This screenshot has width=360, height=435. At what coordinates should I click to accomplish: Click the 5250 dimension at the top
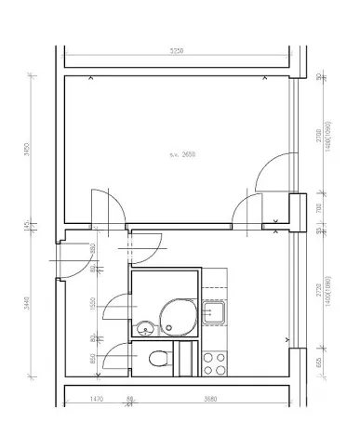[x=177, y=50]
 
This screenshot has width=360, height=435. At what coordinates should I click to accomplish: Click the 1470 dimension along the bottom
[x=96, y=400]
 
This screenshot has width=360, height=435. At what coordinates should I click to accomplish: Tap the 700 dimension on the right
[x=318, y=209]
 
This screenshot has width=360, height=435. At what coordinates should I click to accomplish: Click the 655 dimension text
[x=318, y=362]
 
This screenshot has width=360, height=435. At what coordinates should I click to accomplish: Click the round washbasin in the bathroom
[x=145, y=327]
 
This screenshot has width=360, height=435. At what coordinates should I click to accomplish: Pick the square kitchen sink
[x=215, y=313]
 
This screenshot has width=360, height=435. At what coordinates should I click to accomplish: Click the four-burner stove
[x=216, y=362]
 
